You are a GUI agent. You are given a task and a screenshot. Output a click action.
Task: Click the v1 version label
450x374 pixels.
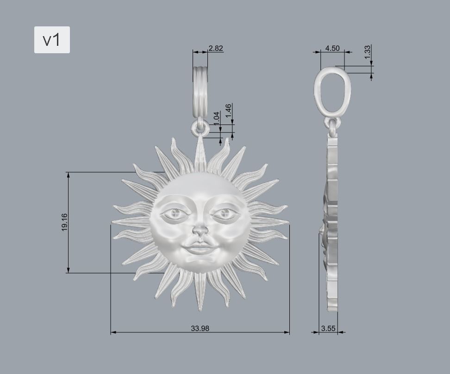click(52, 40)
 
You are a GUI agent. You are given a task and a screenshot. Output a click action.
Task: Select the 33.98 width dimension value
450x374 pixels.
click(200, 328)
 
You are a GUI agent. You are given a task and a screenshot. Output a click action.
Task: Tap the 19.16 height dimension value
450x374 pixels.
click(64, 222)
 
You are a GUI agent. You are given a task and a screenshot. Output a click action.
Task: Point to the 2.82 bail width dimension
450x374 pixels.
click(216, 48)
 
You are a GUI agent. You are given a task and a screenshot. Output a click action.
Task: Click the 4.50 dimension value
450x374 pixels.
click(332, 48)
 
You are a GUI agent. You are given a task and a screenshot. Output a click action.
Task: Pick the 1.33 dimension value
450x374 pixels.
click(367, 51)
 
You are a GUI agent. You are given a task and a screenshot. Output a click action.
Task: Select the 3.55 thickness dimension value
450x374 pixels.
click(328, 328)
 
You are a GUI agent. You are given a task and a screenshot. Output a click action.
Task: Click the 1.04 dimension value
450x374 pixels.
click(216, 118)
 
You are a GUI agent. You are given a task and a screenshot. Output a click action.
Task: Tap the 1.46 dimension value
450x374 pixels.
click(228, 111)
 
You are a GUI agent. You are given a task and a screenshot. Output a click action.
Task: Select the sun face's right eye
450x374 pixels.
click(225, 213)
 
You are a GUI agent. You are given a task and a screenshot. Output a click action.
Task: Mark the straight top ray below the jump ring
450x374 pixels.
click(200, 150)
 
